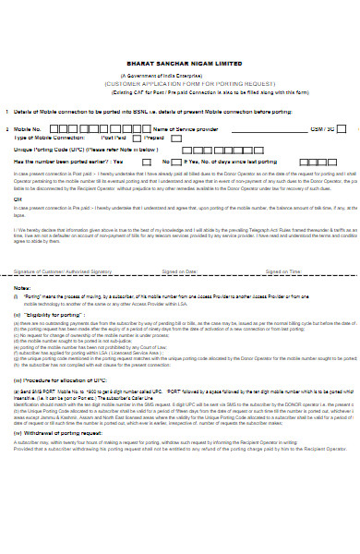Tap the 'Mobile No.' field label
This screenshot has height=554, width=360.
pyautogui.click(x=27, y=128)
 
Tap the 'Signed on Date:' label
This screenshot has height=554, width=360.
pyautogui.click(x=179, y=271)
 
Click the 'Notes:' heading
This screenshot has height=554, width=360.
pyautogui.click(x=21, y=288)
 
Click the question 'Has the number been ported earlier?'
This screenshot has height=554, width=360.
pyautogui.click(x=57, y=160)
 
